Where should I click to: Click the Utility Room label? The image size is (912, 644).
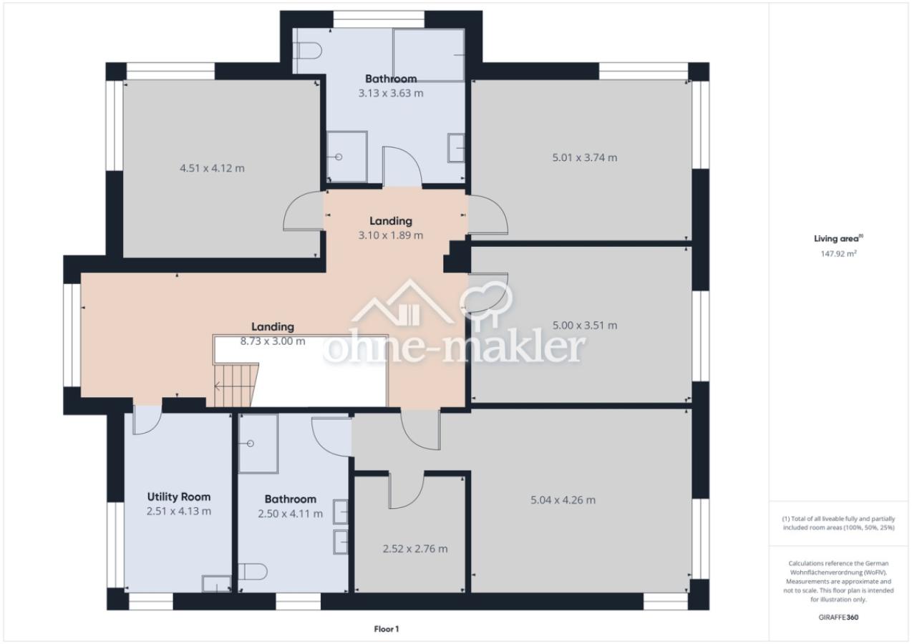point(179,497)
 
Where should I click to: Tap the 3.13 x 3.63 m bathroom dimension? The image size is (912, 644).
point(391,93)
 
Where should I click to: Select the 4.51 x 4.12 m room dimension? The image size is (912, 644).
point(212,168)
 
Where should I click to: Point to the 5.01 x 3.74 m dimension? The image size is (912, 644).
point(585,157)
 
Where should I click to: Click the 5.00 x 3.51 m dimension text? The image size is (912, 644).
point(585,326)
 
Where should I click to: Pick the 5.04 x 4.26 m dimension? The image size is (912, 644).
point(563,500)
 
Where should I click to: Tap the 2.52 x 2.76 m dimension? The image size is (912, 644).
point(415,549)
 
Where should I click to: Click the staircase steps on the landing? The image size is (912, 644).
point(236,385)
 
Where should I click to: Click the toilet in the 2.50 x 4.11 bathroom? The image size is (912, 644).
point(253,572)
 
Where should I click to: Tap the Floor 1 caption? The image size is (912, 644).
point(387,629)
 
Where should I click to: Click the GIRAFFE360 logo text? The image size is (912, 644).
point(838,617)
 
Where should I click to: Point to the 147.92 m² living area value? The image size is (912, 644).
point(838,253)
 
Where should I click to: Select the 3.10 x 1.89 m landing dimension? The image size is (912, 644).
point(391,235)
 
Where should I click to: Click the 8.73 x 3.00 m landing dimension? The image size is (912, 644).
point(273,341)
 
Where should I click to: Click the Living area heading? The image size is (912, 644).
point(838,238)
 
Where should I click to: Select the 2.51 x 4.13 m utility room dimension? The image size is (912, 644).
point(179,512)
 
